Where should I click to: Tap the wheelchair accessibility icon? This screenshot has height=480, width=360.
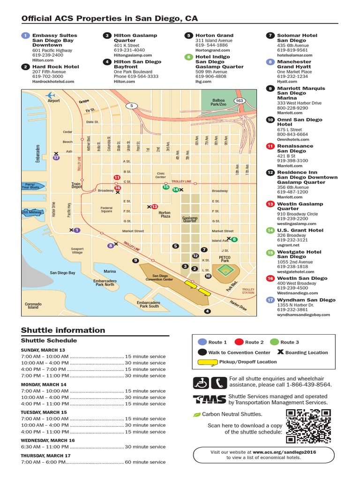coord(202,383)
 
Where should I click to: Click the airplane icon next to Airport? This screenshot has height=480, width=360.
coord(50,95)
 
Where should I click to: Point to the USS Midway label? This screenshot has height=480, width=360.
coord(32,212)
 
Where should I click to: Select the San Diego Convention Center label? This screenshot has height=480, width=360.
coord(163,277)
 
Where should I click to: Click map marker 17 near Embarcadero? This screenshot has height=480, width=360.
coord(57,158)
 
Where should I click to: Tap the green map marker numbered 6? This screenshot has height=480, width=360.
coord(234,240)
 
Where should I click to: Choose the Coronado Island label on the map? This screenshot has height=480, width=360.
coord(33,306)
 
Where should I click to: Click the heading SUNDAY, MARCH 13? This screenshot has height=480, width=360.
coord(43,350)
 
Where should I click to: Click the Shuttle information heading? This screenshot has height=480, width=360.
coord(63,330)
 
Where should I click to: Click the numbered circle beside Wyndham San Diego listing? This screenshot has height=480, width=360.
coord(270,300)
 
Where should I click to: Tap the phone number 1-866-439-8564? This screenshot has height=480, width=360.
coord(303,385)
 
